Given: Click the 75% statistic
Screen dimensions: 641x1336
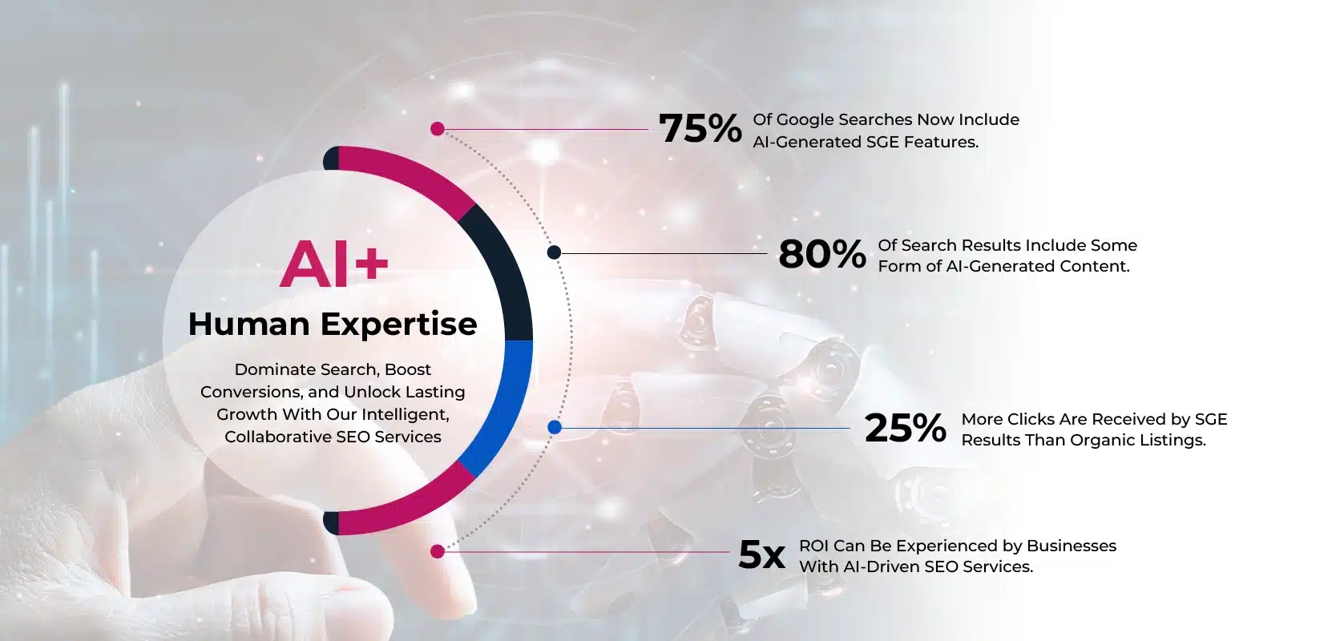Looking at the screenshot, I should click(700, 128).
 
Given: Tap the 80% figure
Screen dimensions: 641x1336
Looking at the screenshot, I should click(821, 254).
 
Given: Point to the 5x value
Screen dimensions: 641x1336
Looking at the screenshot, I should click(761, 554).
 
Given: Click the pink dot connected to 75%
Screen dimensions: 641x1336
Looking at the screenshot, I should click(437, 129).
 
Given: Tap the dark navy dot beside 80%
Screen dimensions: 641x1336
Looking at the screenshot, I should click(554, 252).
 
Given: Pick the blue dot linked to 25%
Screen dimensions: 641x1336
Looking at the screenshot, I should click(554, 427).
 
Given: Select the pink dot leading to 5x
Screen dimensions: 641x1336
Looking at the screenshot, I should click(437, 551).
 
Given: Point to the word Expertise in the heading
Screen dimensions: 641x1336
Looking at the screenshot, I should click(399, 325).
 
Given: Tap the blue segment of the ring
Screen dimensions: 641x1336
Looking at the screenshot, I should click(505, 405).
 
